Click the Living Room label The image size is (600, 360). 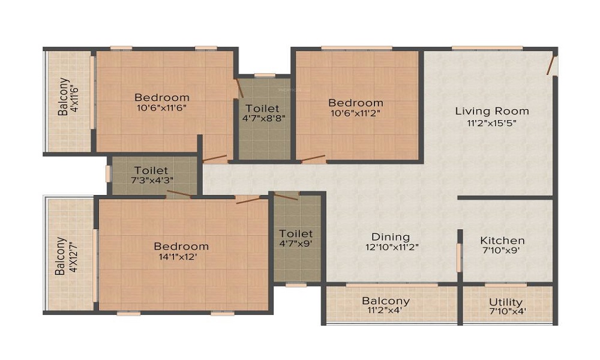pyautogui.click(x=492, y=112)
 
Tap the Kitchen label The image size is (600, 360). pyautogui.click(x=502, y=241)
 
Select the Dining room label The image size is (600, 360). pyautogui.click(x=391, y=237)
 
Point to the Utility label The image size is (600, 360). pyautogui.click(x=506, y=302)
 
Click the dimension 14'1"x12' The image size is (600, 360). pyautogui.click(x=178, y=257)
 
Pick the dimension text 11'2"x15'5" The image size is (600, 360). pyautogui.click(x=492, y=123)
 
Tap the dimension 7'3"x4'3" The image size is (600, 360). pyautogui.click(x=152, y=180)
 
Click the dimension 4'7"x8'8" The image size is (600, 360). pyautogui.click(x=263, y=118)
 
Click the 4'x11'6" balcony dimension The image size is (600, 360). pyautogui.click(x=74, y=97)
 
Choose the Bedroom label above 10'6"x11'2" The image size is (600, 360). pyautogui.click(x=356, y=103)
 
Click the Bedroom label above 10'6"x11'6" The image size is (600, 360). pyautogui.click(x=162, y=97)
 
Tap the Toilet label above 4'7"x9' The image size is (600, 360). pyautogui.click(x=296, y=233)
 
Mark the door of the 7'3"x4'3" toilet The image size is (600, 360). pyautogui.click(x=179, y=194)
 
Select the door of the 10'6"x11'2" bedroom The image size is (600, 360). pyautogui.click(x=313, y=158)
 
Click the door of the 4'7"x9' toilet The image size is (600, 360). pyautogui.click(x=286, y=197)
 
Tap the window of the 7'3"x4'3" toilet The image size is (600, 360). pyautogui.click(x=109, y=173)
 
